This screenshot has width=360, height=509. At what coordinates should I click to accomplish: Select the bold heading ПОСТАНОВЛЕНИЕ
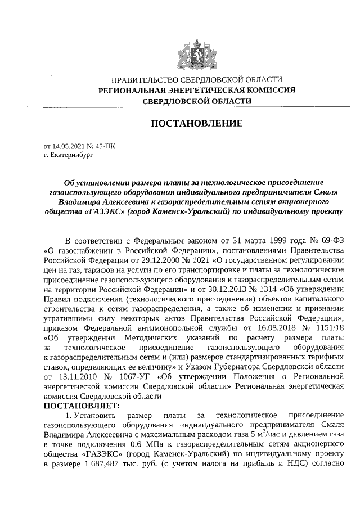pyautogui.click(x=196, y=123)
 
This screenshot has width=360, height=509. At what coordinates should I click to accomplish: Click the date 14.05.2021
pyautogui.click(x=69, y=146)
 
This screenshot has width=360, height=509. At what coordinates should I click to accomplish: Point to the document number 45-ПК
pyautogui.click(x=105, y=146)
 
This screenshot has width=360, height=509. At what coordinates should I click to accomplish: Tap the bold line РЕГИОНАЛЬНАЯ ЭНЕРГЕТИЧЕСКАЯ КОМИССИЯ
pyautogui.click(x=196, y=90)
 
